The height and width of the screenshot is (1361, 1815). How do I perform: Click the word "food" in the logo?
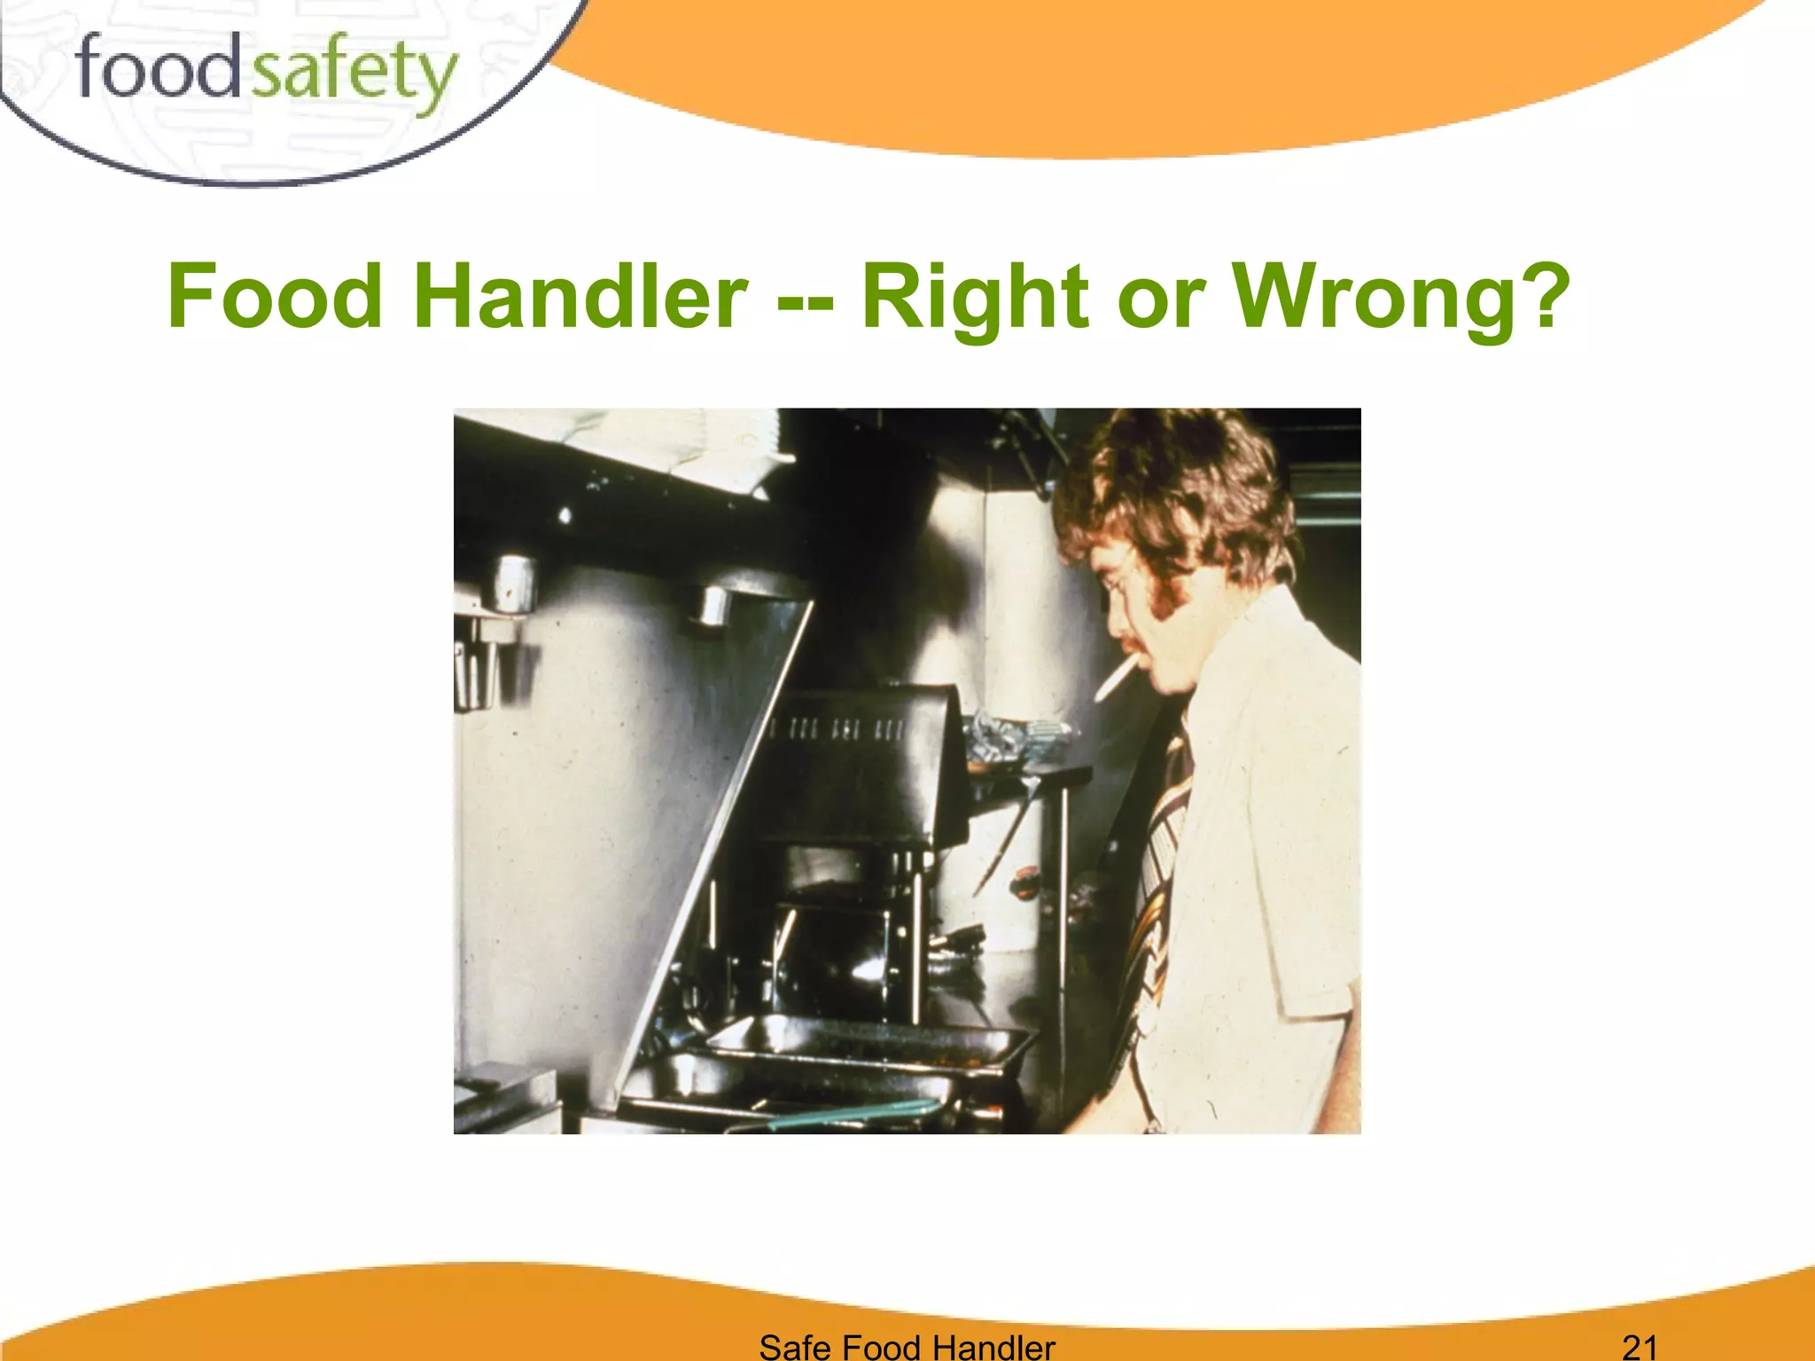(x=157, y=69)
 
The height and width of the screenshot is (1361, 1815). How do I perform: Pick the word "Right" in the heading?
(x=975, y=297)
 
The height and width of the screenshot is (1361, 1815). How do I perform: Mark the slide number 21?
(x=1640, y=1347)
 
